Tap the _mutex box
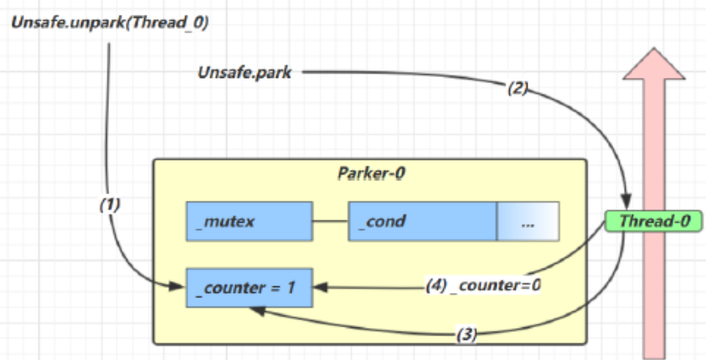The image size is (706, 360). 249,221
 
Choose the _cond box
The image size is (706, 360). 422,221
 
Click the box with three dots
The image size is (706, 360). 527,221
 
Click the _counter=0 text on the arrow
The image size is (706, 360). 496,285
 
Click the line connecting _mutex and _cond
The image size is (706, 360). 330,221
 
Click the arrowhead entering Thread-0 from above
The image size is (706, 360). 628,206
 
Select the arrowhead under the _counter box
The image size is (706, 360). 255,311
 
